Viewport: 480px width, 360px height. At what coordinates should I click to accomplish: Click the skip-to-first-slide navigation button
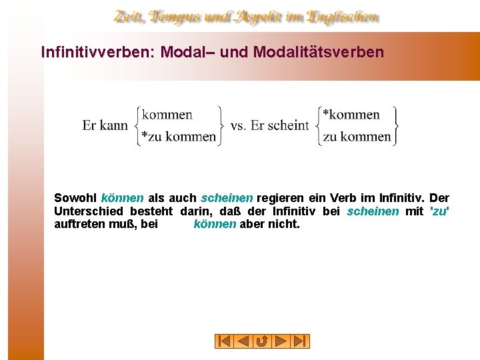[225, 341]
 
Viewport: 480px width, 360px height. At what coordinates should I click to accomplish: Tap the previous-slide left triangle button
[243, 341]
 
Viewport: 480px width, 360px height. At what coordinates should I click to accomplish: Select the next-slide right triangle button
[281, 341]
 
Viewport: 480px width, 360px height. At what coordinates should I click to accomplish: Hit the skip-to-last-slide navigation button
[300, 341]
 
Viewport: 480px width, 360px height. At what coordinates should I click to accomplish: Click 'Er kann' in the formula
[105, 125]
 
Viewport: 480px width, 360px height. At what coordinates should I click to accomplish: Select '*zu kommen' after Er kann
[179, 137]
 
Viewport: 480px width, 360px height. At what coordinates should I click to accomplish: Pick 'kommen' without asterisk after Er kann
[167, 115]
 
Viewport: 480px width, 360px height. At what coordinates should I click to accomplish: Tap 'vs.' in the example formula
[238, 125]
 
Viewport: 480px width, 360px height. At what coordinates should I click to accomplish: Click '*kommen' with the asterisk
[351, 115]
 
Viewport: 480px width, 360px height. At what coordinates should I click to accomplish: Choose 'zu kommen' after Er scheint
[357, 137]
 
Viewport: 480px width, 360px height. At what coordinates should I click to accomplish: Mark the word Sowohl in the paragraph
[75, 198]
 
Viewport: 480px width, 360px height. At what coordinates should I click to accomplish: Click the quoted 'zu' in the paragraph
[440, 211]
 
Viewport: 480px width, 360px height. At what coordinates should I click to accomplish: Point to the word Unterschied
[84, 211]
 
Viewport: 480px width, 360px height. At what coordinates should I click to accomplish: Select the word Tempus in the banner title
[177, 17]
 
